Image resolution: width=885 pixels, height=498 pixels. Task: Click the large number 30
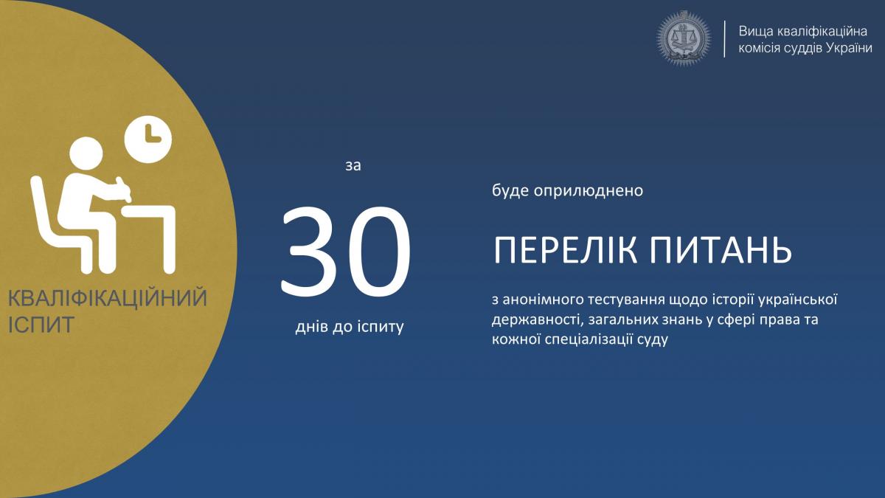(x=347, y=251)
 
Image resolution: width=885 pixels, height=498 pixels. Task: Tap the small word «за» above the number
(x=353, y=166)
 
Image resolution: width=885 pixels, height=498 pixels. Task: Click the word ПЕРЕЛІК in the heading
(x=566, y=251)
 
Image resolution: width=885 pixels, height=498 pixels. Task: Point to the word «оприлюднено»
(x=589, y=191)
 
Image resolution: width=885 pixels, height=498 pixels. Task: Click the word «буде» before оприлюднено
(x=510, y=190)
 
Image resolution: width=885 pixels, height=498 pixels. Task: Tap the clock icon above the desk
(x=148, y=139)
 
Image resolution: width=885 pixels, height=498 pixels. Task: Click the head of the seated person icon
(x=86, y=153)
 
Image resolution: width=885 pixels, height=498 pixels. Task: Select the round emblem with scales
(x=684, y=38)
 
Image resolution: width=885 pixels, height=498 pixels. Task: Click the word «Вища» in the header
(x=755, y=32)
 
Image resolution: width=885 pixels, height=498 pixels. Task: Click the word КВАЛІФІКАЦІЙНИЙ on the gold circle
(x=108, y=298)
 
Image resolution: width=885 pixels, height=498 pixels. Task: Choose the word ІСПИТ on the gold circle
(x=41, y=325)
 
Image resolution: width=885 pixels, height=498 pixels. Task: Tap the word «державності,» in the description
(x=538, y=319)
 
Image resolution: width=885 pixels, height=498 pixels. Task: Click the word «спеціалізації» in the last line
(x=589, y=340)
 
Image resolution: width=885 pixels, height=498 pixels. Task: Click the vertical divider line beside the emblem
(x=724, y=38)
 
